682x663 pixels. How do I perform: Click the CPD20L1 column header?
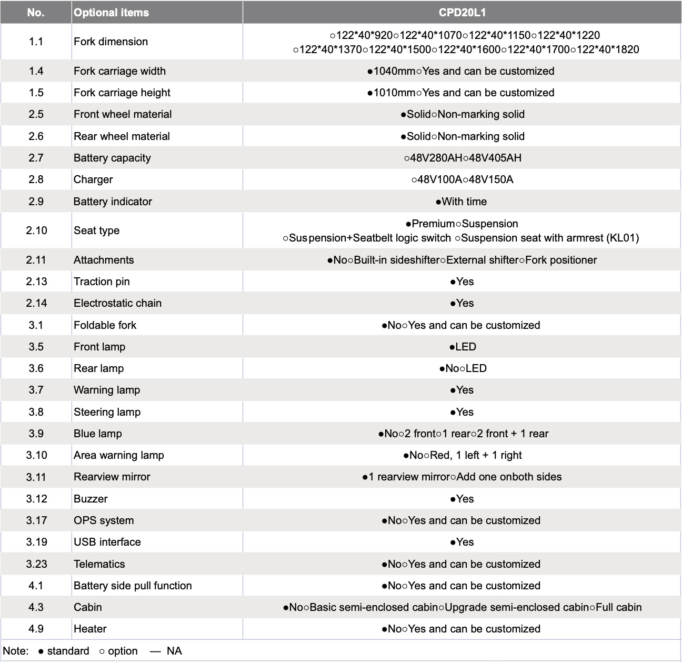click(x=462, y=13)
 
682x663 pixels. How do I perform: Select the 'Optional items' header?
click(x=111, y=13)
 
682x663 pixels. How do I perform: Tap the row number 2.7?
click(x=36, y=158)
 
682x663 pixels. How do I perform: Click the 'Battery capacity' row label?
click(x=112, y=158)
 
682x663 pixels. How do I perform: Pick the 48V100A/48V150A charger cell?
click(x=462, y=179)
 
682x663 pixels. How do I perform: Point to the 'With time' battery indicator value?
click(x=464, y=202)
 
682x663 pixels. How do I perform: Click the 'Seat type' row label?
click(x=96, y=230)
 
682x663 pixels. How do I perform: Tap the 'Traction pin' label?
click(x=102, y=282)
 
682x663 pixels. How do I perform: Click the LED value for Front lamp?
click(x=466, y=347)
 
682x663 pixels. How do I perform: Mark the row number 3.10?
click(x=36, y=455)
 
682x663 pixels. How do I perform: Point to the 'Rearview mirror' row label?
click(x=112, y=477)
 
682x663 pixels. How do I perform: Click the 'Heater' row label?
click(x=90, y=629)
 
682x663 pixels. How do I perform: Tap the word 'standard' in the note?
click(x=68, y=651)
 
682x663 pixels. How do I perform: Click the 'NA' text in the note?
click(x=174, y=651)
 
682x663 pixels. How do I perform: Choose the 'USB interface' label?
click(x=107, y=542)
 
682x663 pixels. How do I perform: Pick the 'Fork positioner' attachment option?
click(x=561, y=260)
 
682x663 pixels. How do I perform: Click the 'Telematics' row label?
click(x=99, y=564)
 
